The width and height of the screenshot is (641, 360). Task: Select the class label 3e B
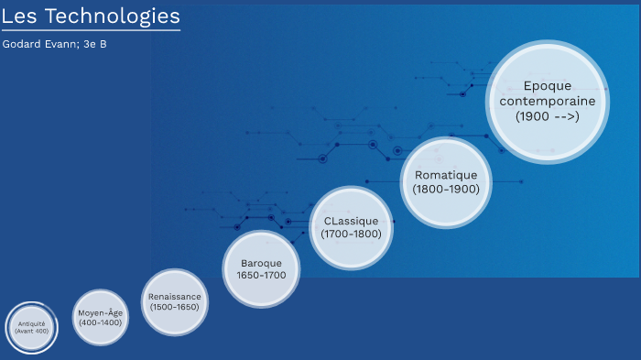click(x=95, y=43)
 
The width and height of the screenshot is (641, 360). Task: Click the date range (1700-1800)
click(x=351, y=234)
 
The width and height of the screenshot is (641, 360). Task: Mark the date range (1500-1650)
click(x=174, y=307)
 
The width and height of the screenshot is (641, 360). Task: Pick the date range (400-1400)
click(x=100, y=322)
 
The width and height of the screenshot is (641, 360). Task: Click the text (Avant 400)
click(x=32, y=331)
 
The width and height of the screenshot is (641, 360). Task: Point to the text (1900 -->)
click(x=548, y=116)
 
